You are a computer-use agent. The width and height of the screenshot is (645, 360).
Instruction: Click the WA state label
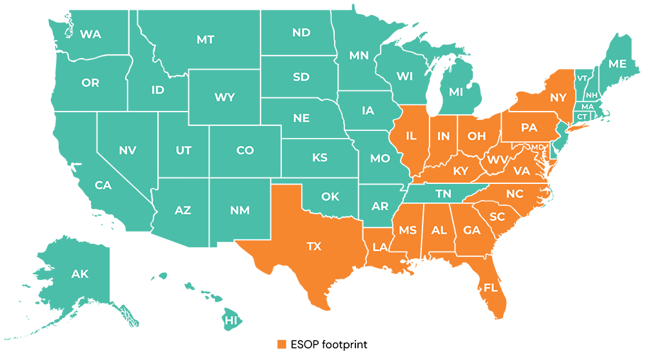(90, 35)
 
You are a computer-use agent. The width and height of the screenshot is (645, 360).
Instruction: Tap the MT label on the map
(205, 40)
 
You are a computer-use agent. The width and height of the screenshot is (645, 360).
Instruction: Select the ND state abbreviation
(301, 33)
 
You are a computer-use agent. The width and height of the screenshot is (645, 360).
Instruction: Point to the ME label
(617, 64)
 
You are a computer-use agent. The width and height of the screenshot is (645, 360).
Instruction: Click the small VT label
(582, 79)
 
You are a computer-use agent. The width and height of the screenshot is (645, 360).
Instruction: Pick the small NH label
(591, 95)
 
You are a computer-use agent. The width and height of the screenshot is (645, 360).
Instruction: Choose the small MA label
(588, 106)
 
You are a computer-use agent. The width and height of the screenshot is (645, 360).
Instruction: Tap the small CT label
(582, 117)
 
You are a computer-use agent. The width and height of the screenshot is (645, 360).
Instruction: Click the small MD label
(537, 147)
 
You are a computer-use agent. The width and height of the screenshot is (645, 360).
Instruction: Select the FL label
(490, 288)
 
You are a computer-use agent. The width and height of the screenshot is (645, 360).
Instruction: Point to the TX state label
(313, 246)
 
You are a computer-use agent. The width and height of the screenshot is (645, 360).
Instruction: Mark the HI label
(231, 320)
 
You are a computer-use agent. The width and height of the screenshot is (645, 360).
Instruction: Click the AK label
(80, 274)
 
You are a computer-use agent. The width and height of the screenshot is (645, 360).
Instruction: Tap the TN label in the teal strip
(443, 194)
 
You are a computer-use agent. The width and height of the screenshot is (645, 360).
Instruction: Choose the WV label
(497, 159)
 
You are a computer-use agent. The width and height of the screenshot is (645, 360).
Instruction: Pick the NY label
(558, 97)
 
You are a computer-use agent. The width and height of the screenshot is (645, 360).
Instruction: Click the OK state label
(330, 197)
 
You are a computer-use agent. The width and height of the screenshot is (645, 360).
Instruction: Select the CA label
(103, 186)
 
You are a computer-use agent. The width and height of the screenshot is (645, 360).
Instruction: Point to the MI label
(456, 92)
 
